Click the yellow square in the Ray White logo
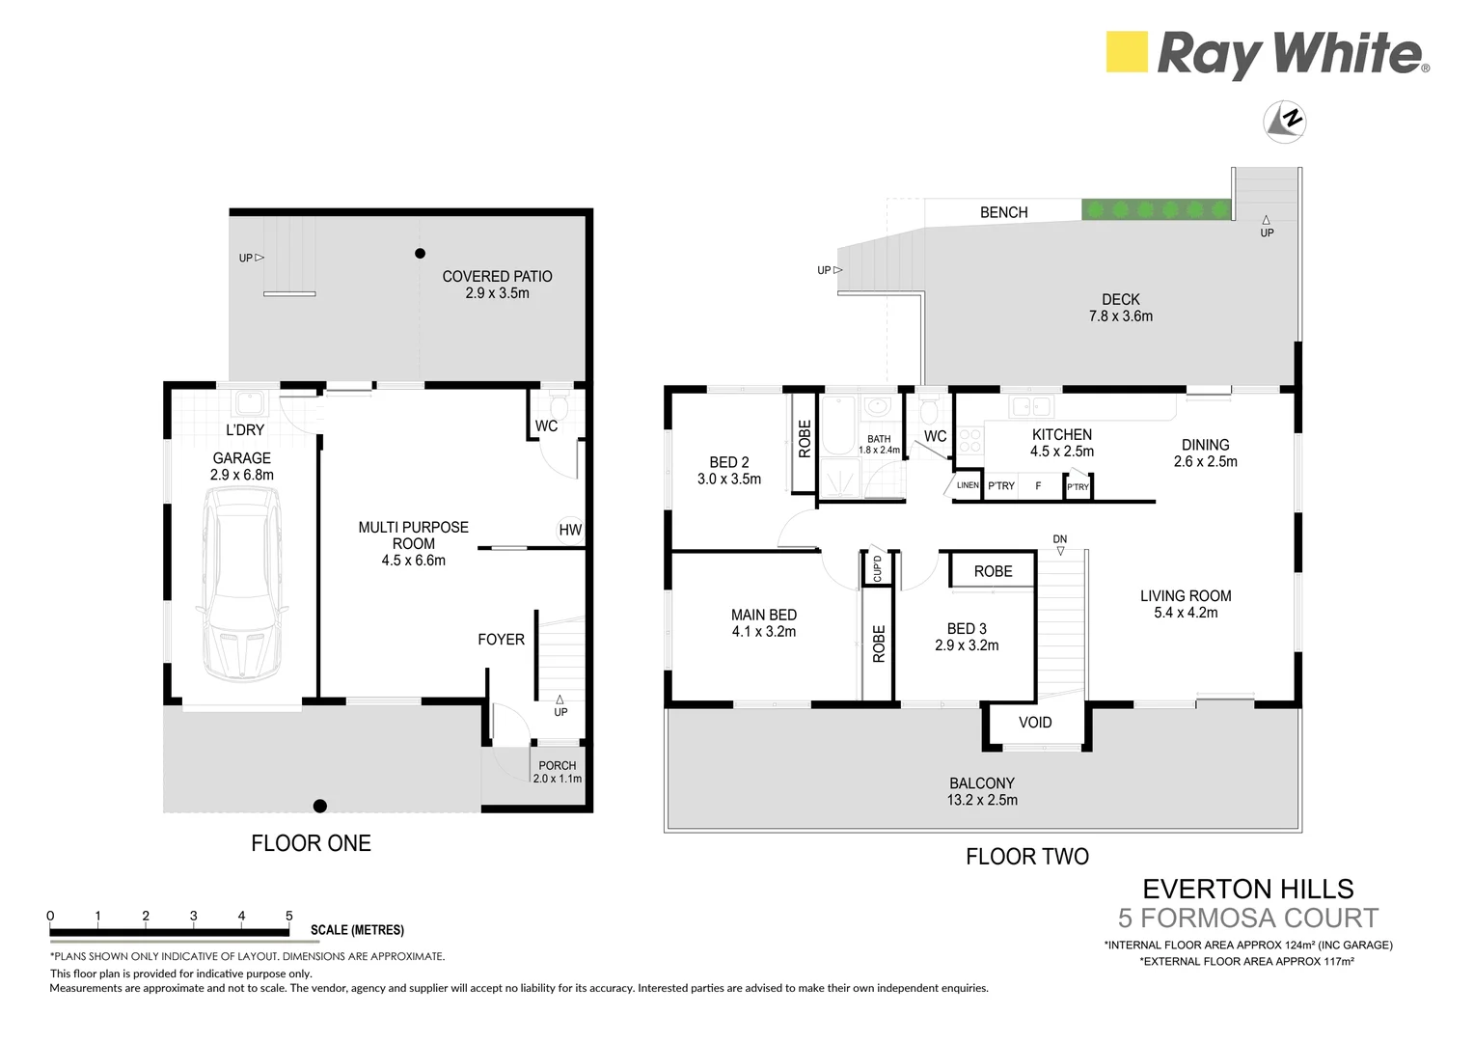[x=1127, y=52]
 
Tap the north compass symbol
[x=1285, y=121]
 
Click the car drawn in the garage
[x=241, y=583]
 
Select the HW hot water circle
[x=570, y=530]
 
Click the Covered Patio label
[x=497, y=277]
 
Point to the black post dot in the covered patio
[x=420, y=254]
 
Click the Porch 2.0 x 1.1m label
[x=558, y=772]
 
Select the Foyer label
[x=501, y=640]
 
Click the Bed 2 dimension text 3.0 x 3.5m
[x=729, y=479]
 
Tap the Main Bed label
[x=764, y=615]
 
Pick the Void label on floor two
[x=1035, y=723]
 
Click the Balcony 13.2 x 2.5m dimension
[x=982, y=800]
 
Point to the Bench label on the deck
[x=1003, y=212]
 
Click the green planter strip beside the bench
[x=1156, y=209]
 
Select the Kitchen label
[x=1062, y=435]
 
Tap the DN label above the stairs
[x=1060, y=539]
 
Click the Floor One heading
[x=311, y=843]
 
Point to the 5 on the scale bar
[x=288, y=917]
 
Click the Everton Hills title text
[x=1248, y=889]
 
